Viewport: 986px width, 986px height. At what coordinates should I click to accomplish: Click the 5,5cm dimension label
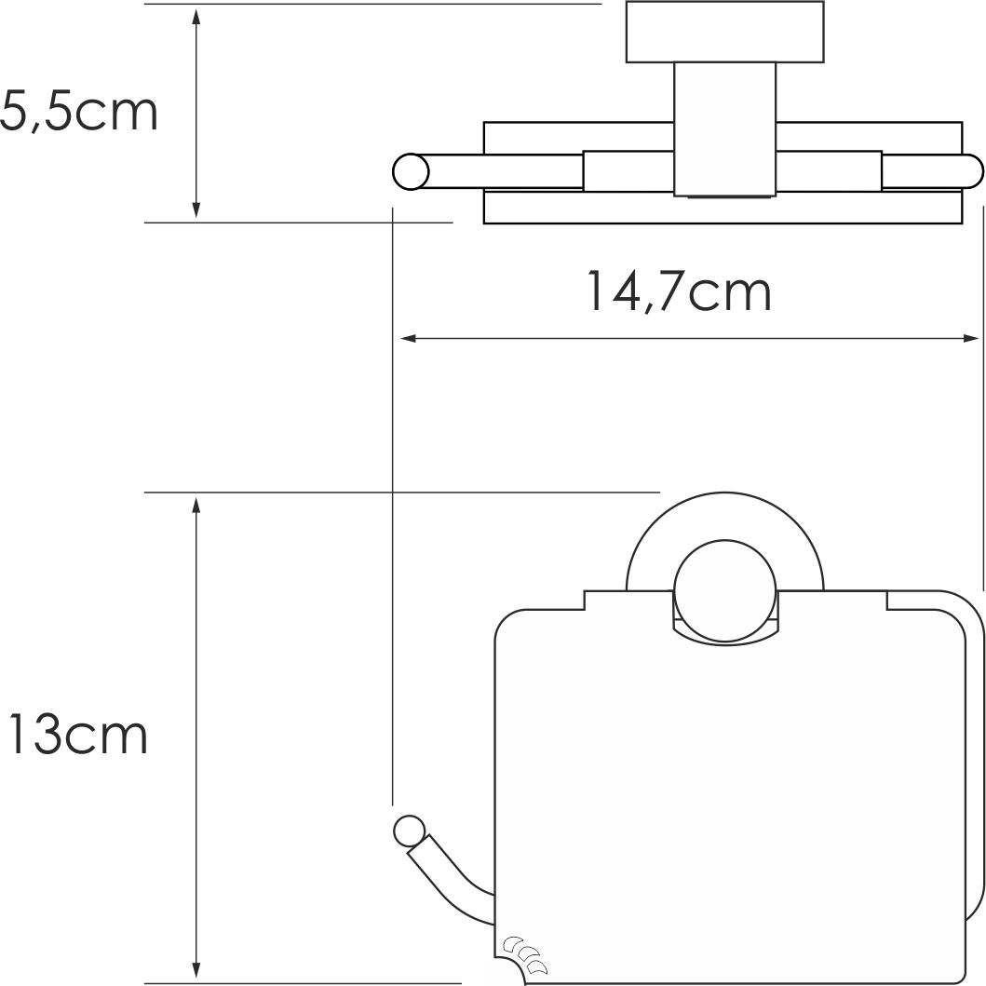click(78, 113)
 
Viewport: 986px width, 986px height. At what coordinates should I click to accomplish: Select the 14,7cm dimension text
click(679, 291)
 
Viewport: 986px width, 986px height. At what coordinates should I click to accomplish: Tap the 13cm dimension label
click(76, 736)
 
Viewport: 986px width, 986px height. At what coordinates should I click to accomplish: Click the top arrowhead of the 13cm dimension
click(196, 504)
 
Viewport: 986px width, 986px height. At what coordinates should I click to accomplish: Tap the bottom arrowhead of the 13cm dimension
click(196, 967)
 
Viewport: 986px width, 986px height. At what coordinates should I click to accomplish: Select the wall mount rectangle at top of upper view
click(724, 34)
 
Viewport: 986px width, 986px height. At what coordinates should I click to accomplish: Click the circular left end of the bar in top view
click(410, 172)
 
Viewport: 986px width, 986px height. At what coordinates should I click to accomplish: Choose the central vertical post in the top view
click(724, 130)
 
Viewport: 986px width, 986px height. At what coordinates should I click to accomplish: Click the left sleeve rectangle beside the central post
click(628, 171)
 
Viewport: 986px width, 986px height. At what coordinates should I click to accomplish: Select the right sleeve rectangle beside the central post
click(829, 171)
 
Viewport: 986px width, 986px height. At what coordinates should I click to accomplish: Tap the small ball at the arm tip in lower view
click(408, 829)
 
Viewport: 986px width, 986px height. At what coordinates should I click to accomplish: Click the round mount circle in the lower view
click(724, 592)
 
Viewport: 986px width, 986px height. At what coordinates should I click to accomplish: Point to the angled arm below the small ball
click(447, 875)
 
